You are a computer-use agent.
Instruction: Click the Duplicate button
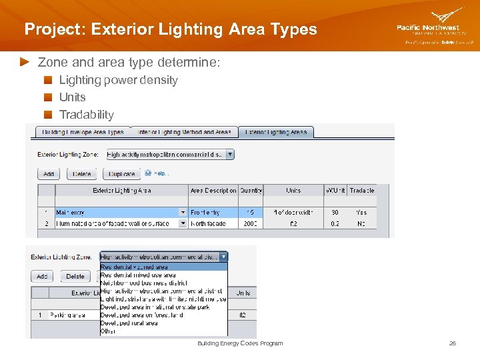[121, 174]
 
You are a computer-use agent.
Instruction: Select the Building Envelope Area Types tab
[83, 132]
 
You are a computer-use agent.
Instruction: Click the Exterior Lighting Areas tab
[276, 132]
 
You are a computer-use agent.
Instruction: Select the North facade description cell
[209, 223]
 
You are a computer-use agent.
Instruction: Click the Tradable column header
[361, 191]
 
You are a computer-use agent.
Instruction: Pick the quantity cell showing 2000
[250, 223]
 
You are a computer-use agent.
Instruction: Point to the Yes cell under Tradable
[361, 212]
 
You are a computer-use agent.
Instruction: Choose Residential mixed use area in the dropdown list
[138, 275]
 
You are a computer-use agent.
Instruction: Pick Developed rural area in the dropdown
[129, 323]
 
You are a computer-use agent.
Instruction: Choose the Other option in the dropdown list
[108, 331]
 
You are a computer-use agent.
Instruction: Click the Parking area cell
[69, 315]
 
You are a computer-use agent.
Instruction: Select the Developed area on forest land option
[141, 315]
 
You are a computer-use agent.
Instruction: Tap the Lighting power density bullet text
[118, 80]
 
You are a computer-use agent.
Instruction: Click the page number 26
[452, 343]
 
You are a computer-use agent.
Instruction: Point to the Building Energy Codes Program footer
[240, 343]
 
